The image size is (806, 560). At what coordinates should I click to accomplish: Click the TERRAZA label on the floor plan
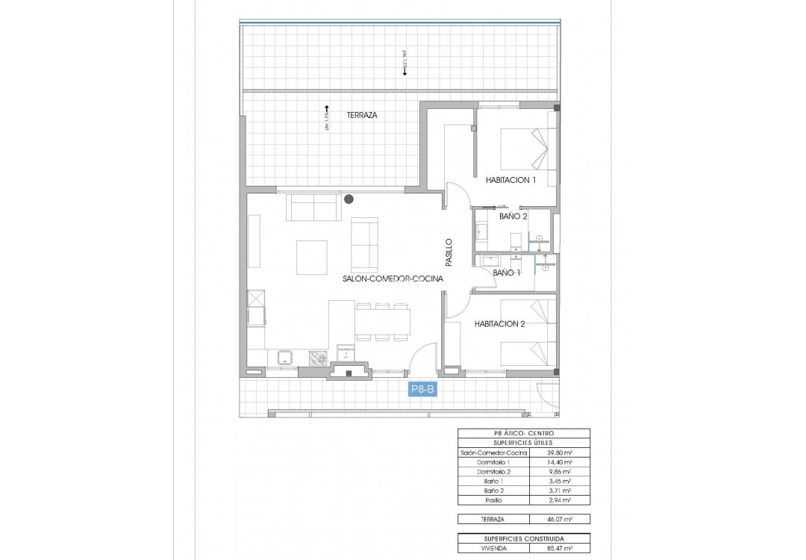point(362,116)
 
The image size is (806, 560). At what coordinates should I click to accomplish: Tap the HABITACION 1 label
point(511,180)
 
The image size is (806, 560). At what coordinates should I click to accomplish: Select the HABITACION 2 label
point(500,324)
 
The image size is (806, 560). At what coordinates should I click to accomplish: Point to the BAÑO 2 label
point(513,217)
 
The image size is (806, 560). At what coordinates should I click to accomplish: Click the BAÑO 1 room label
point(507,273)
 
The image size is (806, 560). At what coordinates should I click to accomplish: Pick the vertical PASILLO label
point(449,253)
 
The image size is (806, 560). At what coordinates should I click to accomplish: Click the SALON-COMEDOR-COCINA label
point(393,279)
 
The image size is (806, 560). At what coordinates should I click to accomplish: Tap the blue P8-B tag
point(423,389)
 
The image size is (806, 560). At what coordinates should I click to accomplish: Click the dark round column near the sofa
point(349,199)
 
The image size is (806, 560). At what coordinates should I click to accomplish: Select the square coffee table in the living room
point(311,257)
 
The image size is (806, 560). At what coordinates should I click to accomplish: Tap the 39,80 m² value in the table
point(559,453)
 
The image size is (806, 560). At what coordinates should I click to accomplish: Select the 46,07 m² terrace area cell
point(559,519)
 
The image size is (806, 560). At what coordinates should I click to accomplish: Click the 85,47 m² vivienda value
point(559,548)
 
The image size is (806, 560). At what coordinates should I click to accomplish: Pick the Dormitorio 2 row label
point(493,472)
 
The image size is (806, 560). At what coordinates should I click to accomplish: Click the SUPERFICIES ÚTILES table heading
point(523,443)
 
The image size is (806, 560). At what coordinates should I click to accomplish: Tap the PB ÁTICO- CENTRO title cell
point(523,433)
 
